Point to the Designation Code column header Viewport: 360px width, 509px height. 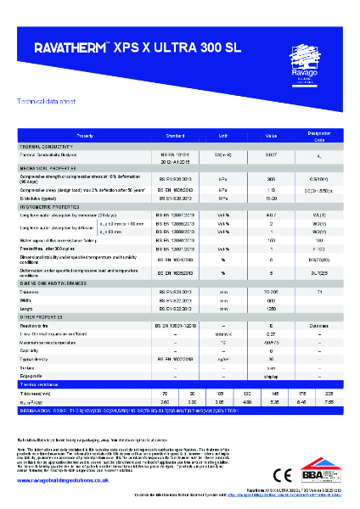tap(318, 135)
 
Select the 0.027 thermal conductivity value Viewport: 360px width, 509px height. tap(271, 154)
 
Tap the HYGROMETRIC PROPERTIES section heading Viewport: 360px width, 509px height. tap(52, 206)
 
